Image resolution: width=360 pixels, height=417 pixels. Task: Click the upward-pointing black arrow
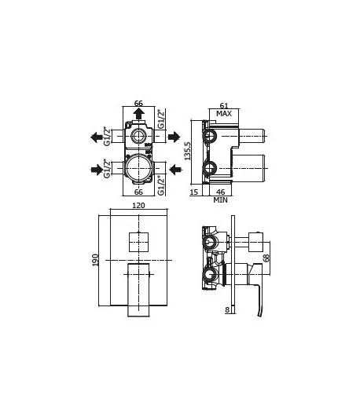coord(138,113)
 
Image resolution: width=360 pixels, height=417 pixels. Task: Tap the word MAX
coord(224,114)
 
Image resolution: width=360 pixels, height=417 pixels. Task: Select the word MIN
coord(220,199)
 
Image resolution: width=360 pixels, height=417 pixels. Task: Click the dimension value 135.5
coord(188,151)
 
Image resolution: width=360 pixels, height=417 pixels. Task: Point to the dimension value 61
coord(224,106)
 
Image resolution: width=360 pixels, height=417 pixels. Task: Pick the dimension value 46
coord(220,192)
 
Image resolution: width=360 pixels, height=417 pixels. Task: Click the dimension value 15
coord(194,192)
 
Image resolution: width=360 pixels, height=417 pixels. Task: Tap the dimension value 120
coord(138,206)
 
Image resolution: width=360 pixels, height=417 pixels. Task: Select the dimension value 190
coord(95,260)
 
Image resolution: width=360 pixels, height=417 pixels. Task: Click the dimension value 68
coord(266,258)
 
